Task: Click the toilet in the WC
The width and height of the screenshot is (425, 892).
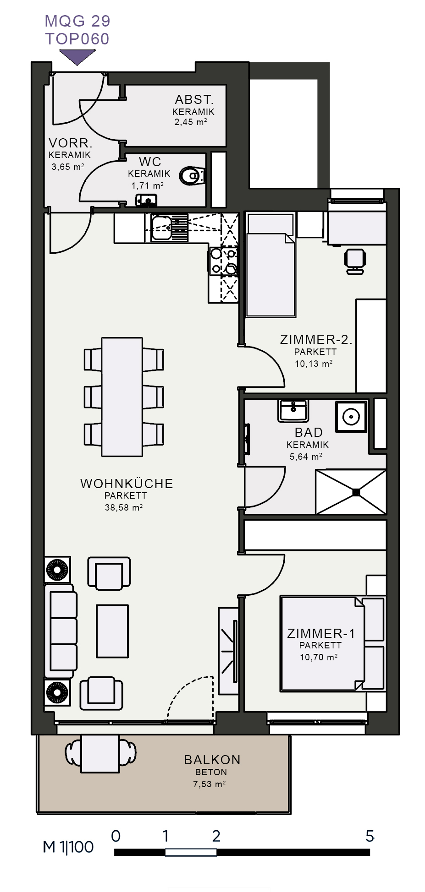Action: coord(193,175)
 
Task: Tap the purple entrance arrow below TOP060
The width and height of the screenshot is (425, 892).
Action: coord(77,57)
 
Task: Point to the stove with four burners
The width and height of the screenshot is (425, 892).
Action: coord(223,261)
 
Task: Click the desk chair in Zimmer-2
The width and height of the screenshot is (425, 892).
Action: coord(355,261)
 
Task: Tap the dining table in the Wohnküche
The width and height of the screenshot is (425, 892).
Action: coord(122,397)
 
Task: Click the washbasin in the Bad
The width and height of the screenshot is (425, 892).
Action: coord(293,410)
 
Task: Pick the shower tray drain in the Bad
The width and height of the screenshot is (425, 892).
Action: coord(356,492)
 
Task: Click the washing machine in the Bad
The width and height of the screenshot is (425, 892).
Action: coord(351,417)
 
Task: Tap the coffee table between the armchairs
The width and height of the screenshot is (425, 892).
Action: coord(112,631)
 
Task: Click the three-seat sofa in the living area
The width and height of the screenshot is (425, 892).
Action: coord(60,631)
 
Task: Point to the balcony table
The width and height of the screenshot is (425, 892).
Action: coord(100,754)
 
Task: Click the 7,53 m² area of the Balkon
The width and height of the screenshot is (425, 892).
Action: coord(209,784)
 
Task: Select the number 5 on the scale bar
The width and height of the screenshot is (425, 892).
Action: coord(370,836)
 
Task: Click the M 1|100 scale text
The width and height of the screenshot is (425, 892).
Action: coord(68,847)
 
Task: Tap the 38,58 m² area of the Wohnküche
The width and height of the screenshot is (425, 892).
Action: coord(124,507)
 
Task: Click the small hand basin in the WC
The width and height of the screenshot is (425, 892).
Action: coord(146,201)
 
